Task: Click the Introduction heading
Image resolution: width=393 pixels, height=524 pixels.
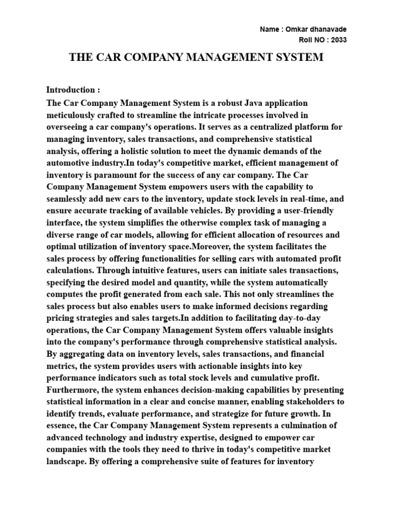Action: (70, 90)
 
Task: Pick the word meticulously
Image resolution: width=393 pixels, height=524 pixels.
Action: (70, 115)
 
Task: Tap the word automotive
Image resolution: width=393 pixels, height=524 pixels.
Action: (69, 163)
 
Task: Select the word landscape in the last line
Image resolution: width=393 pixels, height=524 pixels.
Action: (67, 462)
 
